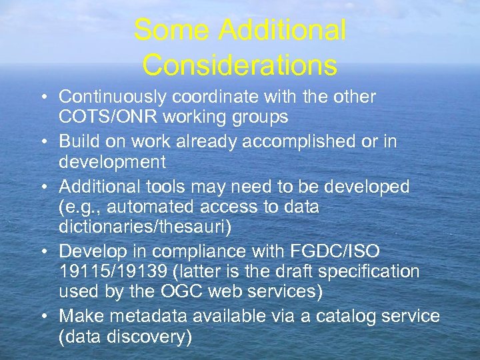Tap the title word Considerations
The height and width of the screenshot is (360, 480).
tap(239, 65)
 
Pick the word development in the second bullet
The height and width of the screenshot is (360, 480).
tap(112, 162)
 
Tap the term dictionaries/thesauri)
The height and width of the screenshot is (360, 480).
tap(145, 227)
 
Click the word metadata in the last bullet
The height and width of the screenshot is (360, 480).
tap(148, 315)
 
